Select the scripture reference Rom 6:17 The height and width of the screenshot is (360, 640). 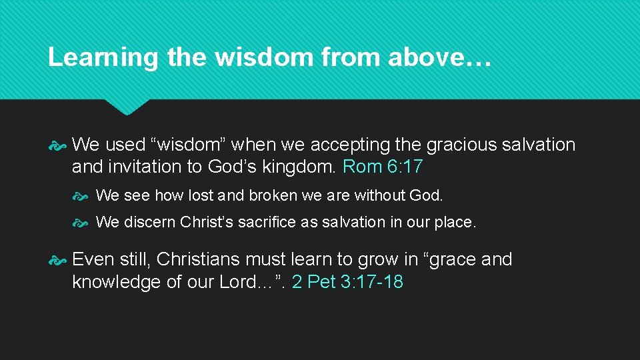coord(383,167)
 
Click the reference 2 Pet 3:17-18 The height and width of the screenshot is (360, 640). coord(347,282)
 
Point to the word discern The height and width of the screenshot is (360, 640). coord(151,222)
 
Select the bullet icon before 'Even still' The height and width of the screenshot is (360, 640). coord(57,259)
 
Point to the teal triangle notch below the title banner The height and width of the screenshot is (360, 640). coord(127,107)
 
